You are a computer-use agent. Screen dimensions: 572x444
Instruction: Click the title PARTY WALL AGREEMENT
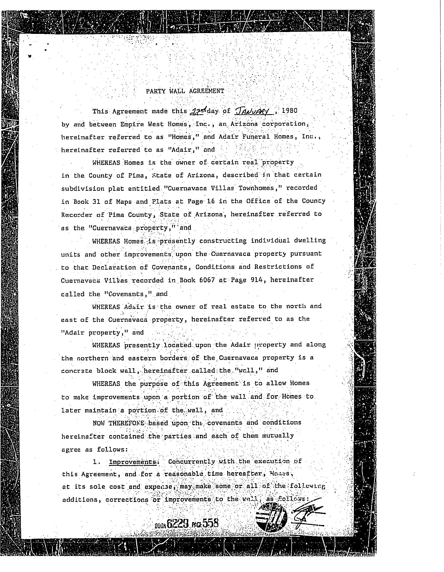[x=185, y=91]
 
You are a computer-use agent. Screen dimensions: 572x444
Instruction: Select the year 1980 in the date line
[x=289, y=110]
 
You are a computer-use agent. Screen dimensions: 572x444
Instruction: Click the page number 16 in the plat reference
[x=211, y=201]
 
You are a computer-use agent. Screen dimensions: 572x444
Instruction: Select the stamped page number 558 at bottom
[x=211, y=523]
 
